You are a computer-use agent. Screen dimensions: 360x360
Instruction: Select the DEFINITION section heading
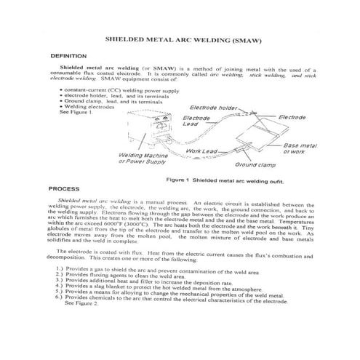coord(68,55)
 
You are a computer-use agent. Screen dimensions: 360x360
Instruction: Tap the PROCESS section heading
coord(63,188)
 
